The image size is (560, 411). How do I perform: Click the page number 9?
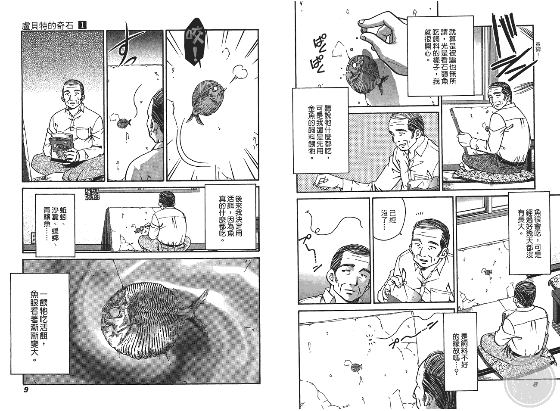click(x=26, y=390)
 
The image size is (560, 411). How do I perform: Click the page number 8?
click(x=535, y=384)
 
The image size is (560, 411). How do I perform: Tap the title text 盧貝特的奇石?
click(x=47, y=26)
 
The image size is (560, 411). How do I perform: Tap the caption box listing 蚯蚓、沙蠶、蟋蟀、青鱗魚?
click(x=55, y=225)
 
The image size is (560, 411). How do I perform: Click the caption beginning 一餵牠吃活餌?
click(x=40, y=324)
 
